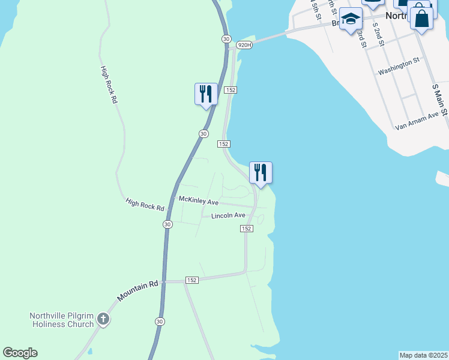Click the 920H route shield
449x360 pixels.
coord(244,45)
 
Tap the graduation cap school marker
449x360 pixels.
coord(351,20)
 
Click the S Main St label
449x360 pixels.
coord(440,100)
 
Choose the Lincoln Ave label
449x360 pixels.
coord(228,215)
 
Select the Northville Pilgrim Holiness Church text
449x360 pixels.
coord(62,320)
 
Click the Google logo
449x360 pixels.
coord(20,353)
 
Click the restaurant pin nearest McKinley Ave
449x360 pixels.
coord(261,173)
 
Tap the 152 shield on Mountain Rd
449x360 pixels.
coord(191,280)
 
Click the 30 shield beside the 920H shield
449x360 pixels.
coord(226,38)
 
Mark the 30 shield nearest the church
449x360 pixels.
coord(159,321)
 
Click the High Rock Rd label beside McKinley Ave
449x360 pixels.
coord(145,205)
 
